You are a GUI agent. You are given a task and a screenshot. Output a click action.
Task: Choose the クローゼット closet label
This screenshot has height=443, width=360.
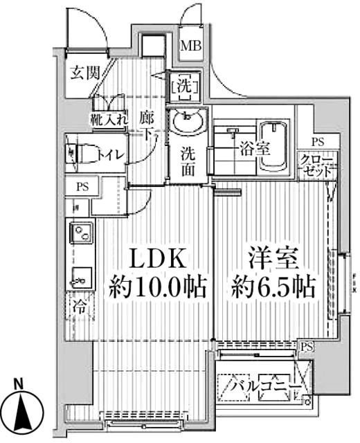[x=316, y=167]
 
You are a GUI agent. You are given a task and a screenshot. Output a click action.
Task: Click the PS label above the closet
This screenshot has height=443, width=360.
[x=317, y=141]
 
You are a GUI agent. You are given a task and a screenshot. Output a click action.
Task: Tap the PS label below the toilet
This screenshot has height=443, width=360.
[x=82, y=186]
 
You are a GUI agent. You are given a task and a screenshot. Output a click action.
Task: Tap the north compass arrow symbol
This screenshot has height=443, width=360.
[x=23, y=413]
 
